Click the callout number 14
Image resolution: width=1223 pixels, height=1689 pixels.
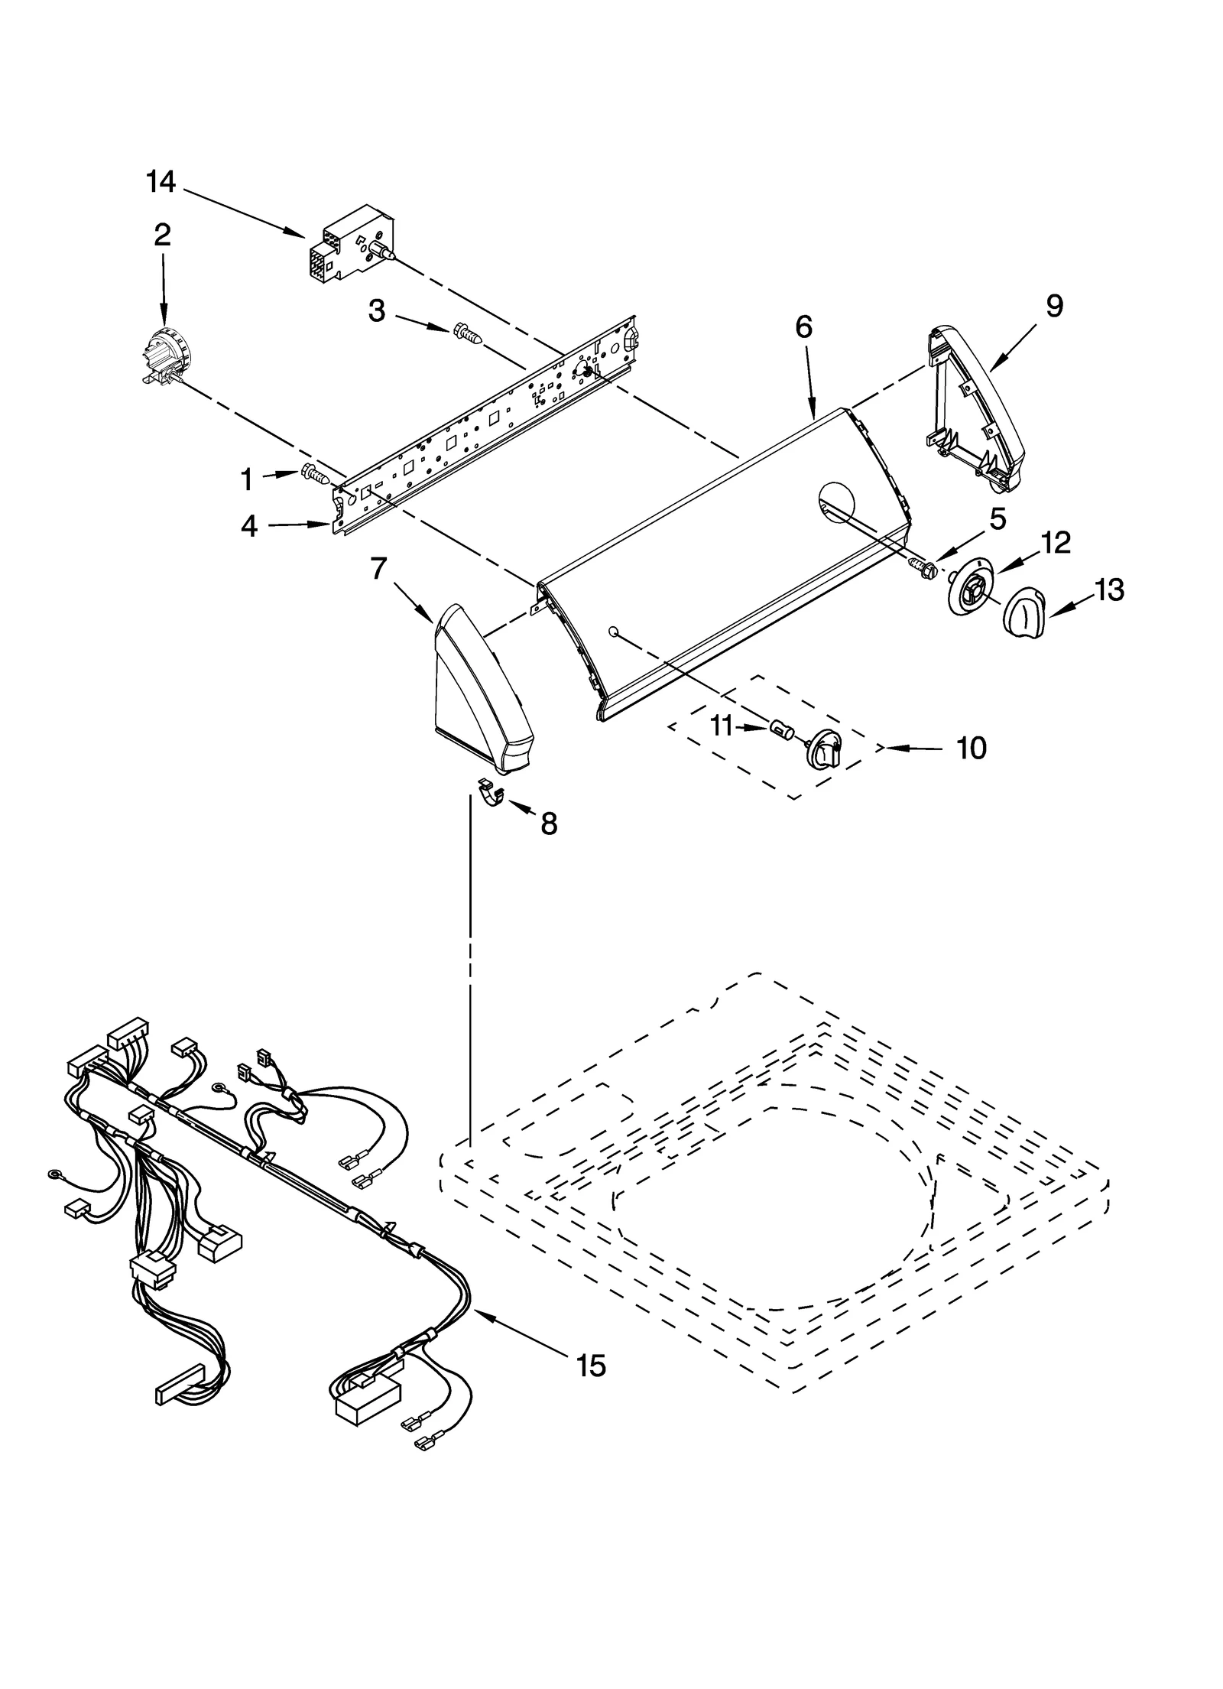click(161, 182)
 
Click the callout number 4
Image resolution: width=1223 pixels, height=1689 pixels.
click(250, 526)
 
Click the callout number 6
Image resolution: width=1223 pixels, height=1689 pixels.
click(803, 327)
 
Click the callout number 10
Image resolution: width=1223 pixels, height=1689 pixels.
click(972, 749)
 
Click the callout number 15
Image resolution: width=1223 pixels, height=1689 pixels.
click(591, 1364)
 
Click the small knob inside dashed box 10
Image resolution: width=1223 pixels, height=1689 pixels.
click(824, 749)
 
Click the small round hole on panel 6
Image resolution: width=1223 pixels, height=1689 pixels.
click(613, 631)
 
